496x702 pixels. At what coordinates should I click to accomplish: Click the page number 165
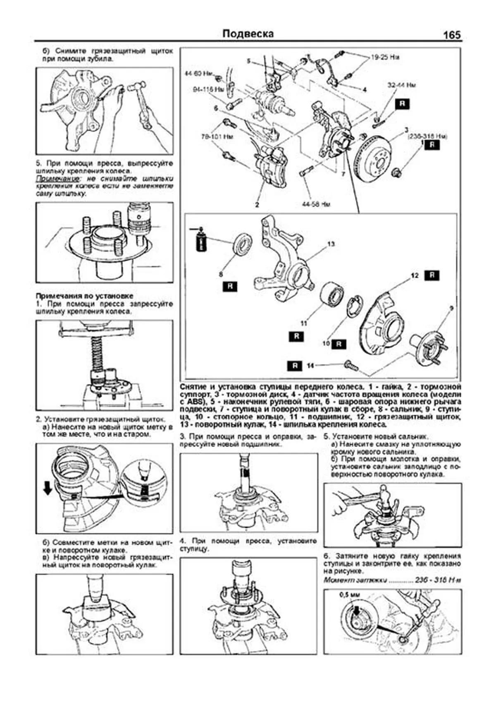click(x=452, y=35)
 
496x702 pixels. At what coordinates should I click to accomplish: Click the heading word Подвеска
click(x=248, y=34)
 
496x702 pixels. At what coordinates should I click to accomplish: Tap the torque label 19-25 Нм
click(x=385, y=58)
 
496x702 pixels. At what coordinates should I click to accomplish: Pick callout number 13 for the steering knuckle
click(x=331, y=244)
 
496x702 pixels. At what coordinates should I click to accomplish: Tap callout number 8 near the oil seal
click(x=221, y=273)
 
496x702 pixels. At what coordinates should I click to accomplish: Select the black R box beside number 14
click(x=295, y=366)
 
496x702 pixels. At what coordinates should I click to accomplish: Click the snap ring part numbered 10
click(x=353, y=307)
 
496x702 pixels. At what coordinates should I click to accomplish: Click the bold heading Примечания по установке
click(x=84, y=296)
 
